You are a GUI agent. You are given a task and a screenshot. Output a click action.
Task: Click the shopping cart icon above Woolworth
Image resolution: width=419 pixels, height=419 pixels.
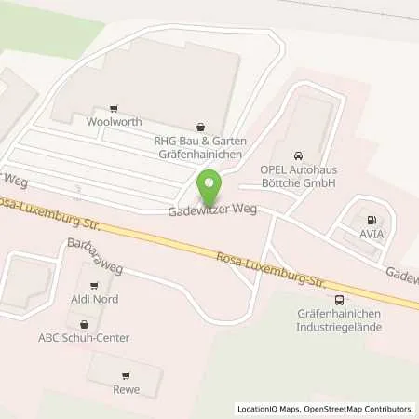click(x=114, y=108)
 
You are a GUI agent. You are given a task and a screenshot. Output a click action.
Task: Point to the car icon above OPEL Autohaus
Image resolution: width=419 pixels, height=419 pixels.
click(x=297, y=155)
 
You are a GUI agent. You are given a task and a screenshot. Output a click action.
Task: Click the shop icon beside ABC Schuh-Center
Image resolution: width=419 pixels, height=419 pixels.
click(x=85, y=323)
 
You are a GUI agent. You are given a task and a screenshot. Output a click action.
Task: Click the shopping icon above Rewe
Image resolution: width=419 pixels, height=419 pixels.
click(x=125, y=375)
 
